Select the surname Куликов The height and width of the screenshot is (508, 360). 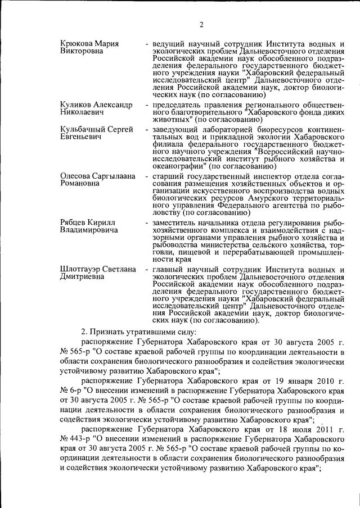76,105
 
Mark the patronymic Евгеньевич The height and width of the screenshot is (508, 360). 82,137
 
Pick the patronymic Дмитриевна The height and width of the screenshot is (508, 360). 82,277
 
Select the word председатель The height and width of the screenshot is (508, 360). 178,105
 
